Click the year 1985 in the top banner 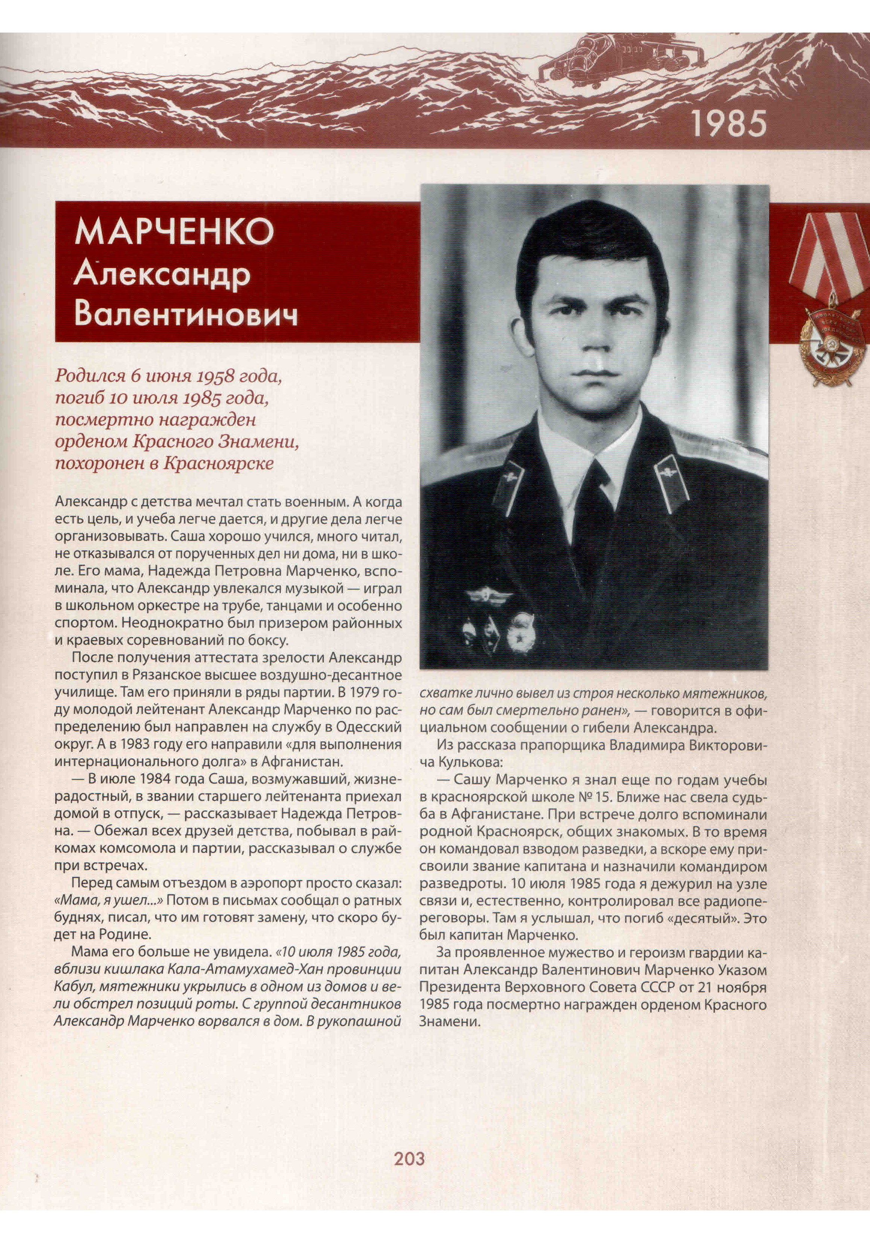point(729,124)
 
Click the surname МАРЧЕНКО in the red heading point(175,232)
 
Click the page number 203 point(409,1159)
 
